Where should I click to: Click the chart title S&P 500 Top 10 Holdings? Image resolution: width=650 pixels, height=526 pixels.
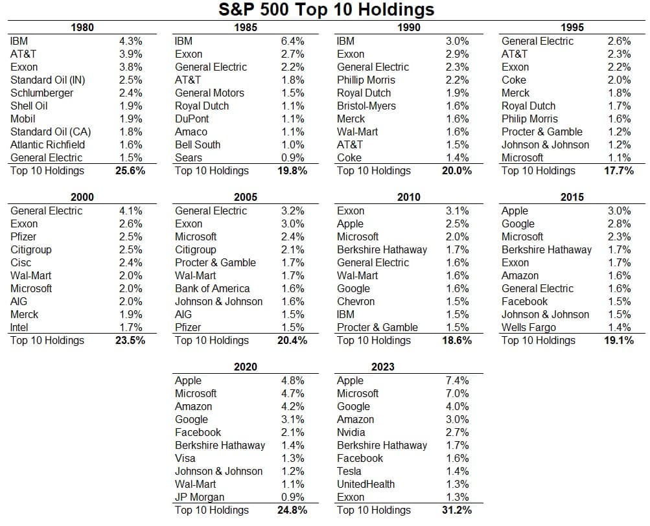[x=326, y=10]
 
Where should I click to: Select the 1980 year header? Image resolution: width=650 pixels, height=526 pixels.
[x=82, y=27]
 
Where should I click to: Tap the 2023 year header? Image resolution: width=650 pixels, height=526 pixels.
[x=382, y=367]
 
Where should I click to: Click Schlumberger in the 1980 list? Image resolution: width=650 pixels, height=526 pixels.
[x=41, y=93]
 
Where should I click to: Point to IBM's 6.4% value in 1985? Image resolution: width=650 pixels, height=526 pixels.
[x=293, y=41]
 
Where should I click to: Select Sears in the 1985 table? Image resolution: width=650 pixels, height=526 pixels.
[x=188, y=157]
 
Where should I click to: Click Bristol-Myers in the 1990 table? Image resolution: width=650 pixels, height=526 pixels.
[x=366, y=106]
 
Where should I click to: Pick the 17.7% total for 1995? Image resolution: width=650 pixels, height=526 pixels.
[x=619, y=170]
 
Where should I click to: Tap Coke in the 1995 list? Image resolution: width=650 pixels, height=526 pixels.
[x=514, y=80]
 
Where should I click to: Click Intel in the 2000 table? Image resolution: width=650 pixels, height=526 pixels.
[x=19, y=328]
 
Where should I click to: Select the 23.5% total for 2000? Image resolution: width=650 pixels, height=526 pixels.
[x=130, y=340]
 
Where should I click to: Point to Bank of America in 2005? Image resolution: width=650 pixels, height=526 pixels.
[x=213, y=288]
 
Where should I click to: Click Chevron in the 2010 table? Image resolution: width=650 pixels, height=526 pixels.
[x=356, y=301]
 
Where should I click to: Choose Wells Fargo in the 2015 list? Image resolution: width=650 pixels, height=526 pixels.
[x=529, y=328]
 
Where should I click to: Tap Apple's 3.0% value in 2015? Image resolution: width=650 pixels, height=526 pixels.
[x=620, y=211]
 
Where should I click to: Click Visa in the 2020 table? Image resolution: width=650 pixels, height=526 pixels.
[x=185, y=458]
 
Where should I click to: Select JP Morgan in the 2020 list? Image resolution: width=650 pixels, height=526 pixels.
[x=200, y=497]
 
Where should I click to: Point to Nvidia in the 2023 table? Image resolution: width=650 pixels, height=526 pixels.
[x=351, y=432]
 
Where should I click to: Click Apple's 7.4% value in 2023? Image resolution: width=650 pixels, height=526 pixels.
[x=458, y=380]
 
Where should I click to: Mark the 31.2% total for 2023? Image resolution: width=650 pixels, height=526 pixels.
[x=457, y=510]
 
